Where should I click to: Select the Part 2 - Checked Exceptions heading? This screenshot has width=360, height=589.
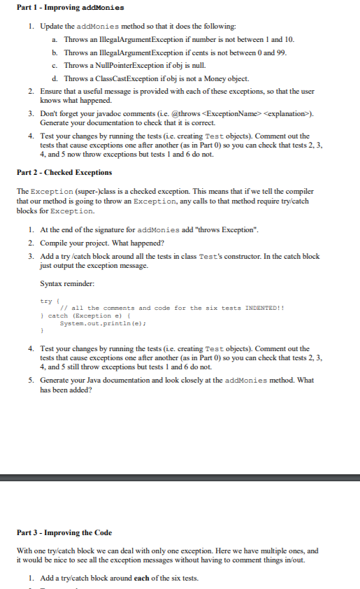point(64,172)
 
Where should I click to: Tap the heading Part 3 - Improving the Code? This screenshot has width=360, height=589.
point(64,533)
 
